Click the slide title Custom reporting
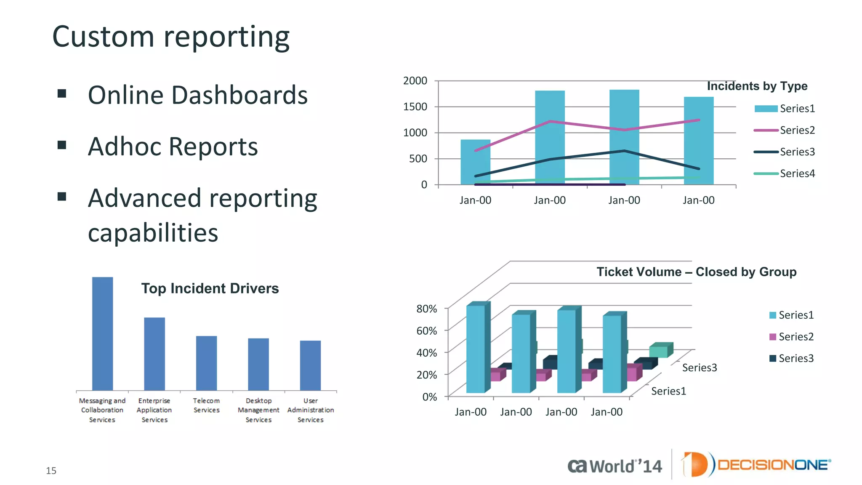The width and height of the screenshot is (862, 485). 171,37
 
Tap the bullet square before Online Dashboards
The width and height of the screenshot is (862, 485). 62,93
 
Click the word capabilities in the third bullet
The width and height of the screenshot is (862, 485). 153,233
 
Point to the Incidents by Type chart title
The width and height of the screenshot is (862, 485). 757,86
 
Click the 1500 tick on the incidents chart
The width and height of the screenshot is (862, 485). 415,107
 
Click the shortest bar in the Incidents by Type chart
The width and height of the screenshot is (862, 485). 475,162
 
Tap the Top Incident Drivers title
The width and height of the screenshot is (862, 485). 210,288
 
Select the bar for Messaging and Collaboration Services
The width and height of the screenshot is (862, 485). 102,333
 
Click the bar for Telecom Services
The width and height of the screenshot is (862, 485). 206,363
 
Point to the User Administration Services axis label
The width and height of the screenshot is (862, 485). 311,410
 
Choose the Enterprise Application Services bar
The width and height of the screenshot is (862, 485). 154,354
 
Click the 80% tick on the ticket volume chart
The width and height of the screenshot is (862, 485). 426,309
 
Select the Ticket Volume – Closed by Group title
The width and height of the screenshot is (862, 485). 696,272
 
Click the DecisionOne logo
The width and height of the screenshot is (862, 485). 756,465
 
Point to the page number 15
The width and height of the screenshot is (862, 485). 51,471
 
